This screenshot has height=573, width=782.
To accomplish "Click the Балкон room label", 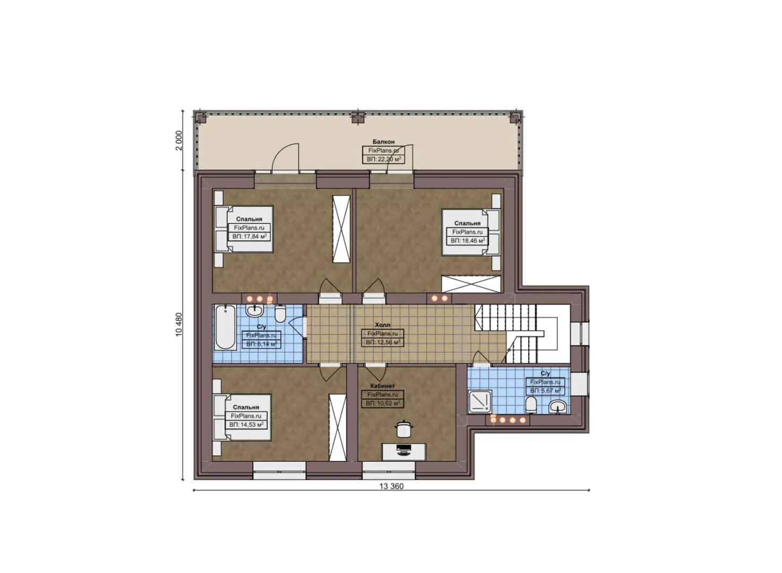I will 383,142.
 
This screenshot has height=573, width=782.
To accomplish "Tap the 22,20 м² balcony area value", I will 383,159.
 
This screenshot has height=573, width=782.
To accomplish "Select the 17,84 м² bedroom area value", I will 249,236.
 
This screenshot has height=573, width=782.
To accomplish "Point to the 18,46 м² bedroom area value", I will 468,240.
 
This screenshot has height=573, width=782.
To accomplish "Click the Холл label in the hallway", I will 382,325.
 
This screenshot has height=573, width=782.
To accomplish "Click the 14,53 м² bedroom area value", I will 246,424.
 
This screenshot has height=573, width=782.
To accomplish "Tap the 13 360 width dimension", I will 391,486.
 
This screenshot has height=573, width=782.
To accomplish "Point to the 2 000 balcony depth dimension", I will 178,141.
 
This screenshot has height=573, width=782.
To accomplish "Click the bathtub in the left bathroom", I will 225,327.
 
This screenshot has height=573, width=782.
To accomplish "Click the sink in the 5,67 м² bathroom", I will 557,406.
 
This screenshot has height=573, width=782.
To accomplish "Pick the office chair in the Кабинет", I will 403,428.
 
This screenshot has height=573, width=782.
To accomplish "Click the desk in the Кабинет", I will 404,452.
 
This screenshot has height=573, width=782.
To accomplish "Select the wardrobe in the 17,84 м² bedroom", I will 341,229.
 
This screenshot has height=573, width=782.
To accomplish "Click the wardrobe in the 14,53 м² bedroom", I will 337,428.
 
